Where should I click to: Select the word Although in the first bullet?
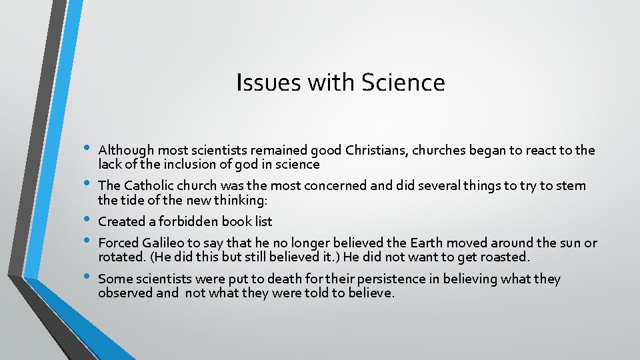coord(125,150)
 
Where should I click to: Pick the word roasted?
coord(505,257)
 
